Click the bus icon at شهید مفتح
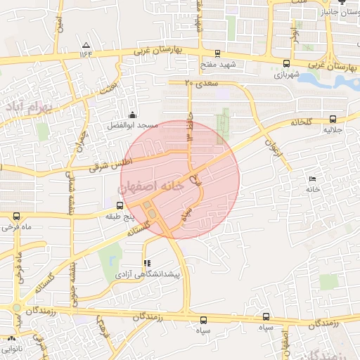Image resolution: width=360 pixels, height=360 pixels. (217, 53)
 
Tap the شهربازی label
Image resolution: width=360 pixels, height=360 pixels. (287, 73)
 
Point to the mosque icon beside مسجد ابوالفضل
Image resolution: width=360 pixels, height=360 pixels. (132, 115)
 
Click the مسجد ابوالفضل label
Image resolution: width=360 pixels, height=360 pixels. (133, 125)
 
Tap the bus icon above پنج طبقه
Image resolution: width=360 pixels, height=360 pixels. (120, 205)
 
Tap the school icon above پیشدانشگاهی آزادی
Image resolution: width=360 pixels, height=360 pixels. (146, 262)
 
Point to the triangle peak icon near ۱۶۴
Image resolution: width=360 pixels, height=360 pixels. (86, 44)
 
